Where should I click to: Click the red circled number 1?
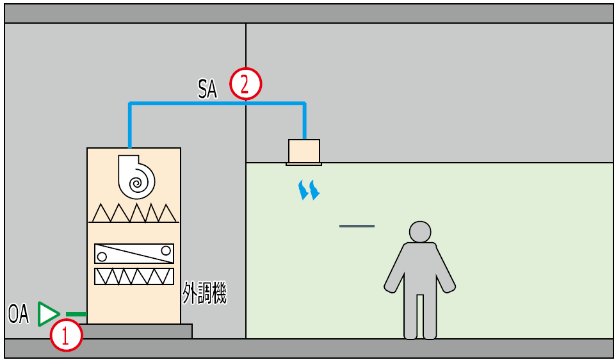(x=67, y=335)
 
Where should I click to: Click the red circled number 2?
(x=247, y=83)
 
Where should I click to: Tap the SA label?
(x=207, y=88)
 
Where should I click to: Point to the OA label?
(x=19, y=314)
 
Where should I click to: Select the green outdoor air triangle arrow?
(x=47, y=314)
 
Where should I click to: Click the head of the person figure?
(x=420, y=232)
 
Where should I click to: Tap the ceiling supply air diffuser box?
(x=304, y=151)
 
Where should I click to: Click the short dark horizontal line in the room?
(x=357, y=226)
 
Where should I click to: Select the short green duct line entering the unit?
(x=76, y=314)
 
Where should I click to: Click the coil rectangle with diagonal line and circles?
(x=134, y=254)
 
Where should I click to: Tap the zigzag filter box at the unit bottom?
(x=134, y=276)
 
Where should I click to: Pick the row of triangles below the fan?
(x=134, y=213)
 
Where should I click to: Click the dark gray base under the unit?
(x=138, y=331)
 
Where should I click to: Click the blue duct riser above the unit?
(x=130, y=125)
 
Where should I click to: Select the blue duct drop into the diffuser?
(x=304, y=121)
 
